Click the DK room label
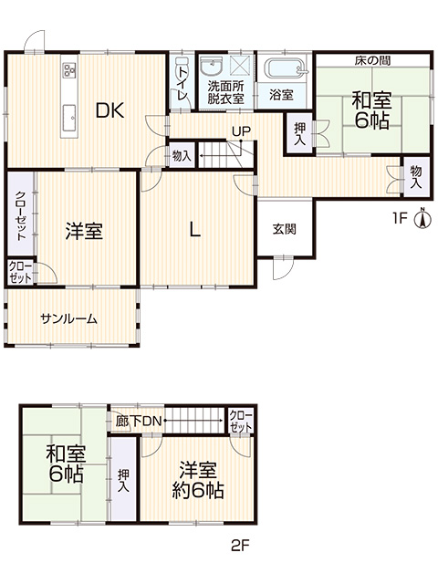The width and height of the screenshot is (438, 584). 109,110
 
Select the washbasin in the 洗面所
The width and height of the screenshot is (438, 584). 211,67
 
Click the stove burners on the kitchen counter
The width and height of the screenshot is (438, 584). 69,70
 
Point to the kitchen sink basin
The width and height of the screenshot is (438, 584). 69,118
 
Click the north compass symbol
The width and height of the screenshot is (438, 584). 422,219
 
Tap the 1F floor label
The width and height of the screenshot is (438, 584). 400,218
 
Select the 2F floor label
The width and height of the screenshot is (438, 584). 240,546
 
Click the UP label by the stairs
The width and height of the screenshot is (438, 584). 241,131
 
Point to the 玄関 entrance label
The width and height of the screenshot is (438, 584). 284,229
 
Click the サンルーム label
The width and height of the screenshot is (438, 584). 69,318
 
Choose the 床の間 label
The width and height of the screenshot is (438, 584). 372,61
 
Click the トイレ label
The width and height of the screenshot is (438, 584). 182,83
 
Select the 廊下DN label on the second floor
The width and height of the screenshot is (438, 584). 138,422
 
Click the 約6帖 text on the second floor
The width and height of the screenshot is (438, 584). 198,492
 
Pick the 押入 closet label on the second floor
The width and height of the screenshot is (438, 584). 123,481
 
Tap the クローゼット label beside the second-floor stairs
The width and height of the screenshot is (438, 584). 241,422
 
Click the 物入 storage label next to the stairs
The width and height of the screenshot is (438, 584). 182,156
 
